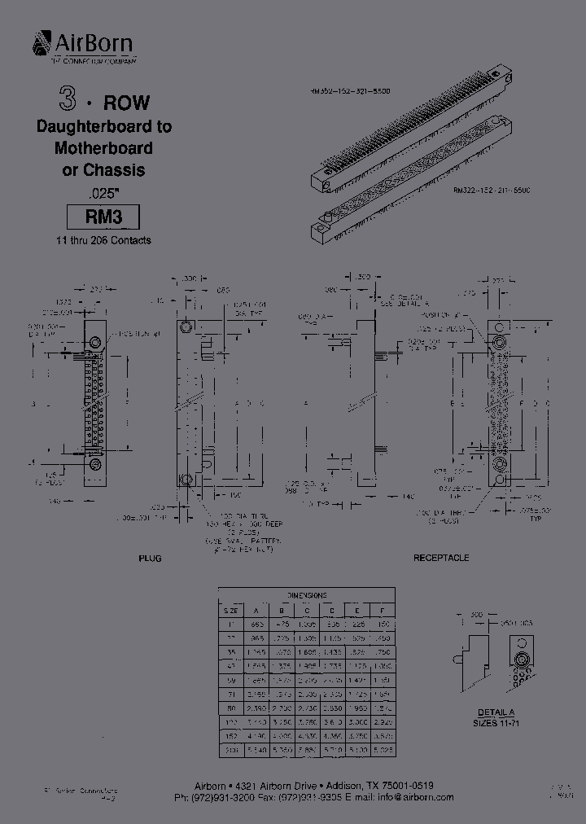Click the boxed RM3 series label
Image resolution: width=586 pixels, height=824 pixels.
103,217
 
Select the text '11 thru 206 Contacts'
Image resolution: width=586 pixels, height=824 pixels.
103,240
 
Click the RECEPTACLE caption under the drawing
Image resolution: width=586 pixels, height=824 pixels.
441,558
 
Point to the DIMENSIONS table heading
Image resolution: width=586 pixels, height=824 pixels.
308,594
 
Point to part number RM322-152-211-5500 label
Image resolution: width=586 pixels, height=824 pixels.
491,189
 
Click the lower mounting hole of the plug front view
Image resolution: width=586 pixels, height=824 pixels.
96,465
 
